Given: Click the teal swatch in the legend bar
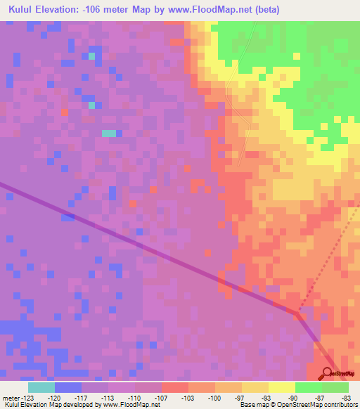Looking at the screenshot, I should (x=41, y=387).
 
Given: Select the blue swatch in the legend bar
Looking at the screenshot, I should (x=68, y=387).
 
